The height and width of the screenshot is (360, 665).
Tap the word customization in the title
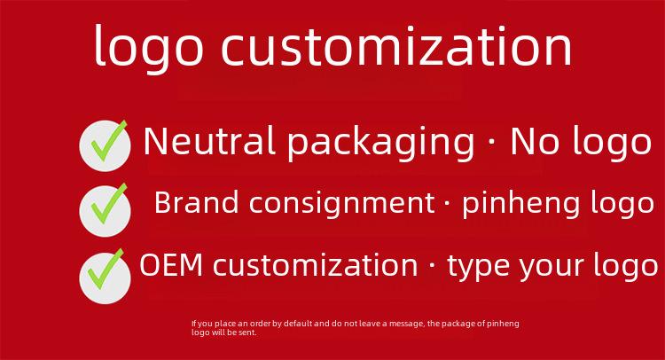tap(397, 46)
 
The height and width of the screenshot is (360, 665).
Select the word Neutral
tap(210, 141)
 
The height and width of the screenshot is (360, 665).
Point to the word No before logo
tap(536, 142)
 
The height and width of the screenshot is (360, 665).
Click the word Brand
tap(196, 202)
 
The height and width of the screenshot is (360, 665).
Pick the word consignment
tap(342, 205)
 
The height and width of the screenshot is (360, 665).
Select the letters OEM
tap(171, 265)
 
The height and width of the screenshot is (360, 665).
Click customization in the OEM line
tap(316, 265)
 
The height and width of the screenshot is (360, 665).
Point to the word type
tap(479, 267)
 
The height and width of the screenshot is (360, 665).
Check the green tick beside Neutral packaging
tap(108, 141)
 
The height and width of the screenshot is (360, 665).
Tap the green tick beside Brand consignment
tap(108, 204)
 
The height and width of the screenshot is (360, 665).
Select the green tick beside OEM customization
tap(106, 270)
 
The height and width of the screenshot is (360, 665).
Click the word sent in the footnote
tap(249, 333)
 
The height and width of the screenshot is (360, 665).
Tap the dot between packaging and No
tap(491, 142)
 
